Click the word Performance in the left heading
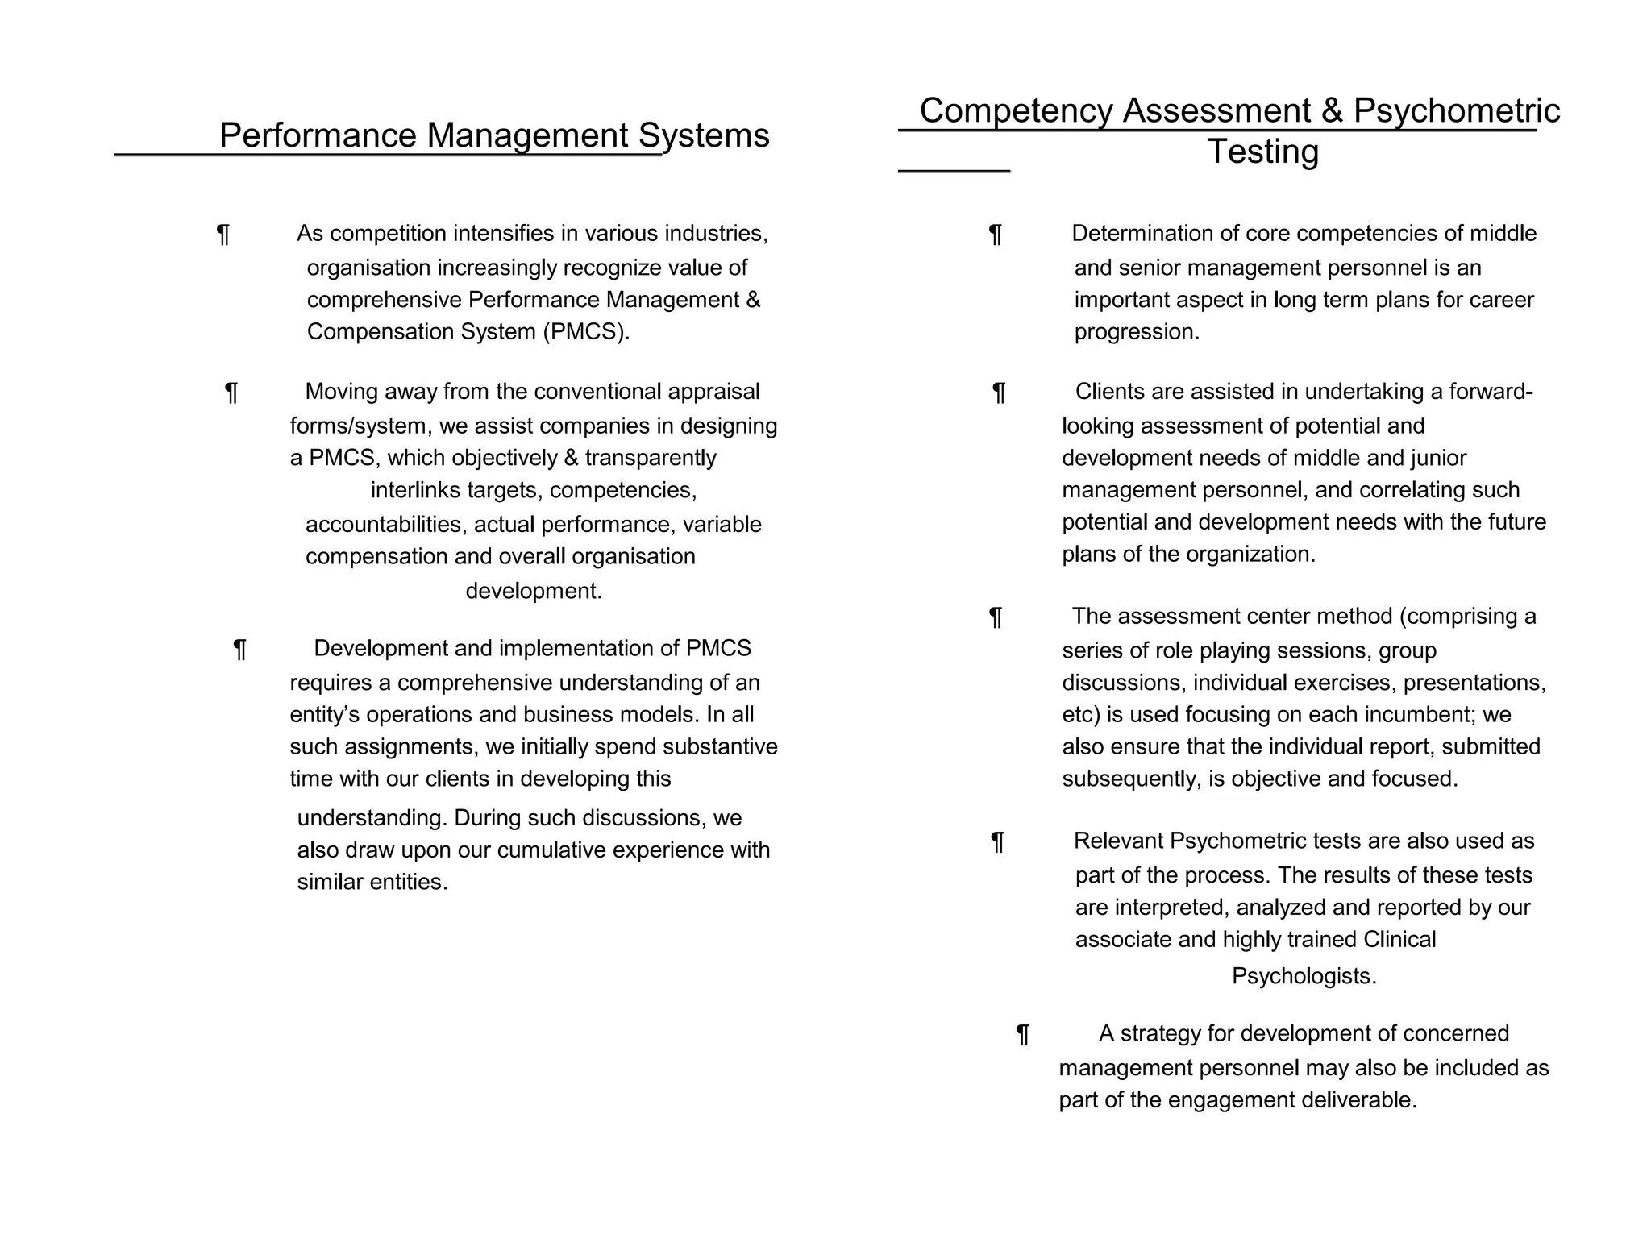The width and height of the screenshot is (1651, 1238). (x=318, y=135)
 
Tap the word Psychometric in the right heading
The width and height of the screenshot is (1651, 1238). (x=1456, y=110)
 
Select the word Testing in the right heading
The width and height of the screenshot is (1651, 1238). (x=1262, y=152)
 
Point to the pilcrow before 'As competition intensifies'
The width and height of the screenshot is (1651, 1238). (x=223, y=235)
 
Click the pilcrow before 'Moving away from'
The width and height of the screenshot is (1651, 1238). (x=231, y=393)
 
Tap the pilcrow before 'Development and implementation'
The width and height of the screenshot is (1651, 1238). (x=239, y=649)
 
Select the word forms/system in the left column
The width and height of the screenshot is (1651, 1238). (x=360, y=426)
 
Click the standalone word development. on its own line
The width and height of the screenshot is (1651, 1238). (x=534, y=591)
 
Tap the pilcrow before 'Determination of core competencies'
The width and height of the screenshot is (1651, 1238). (x=996, y=235)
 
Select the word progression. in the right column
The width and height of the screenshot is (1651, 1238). (x=1137, y=332)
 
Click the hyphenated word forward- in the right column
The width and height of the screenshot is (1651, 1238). (x=1491, y=392)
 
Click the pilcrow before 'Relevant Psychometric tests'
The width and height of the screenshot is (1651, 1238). (x=997, y=842)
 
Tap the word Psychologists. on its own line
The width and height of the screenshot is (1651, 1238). (x=1304, y=976)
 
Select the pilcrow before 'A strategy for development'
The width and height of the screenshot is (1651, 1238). (x=1022, y=1034)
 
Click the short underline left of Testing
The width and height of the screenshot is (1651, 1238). (x=954, y=171)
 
